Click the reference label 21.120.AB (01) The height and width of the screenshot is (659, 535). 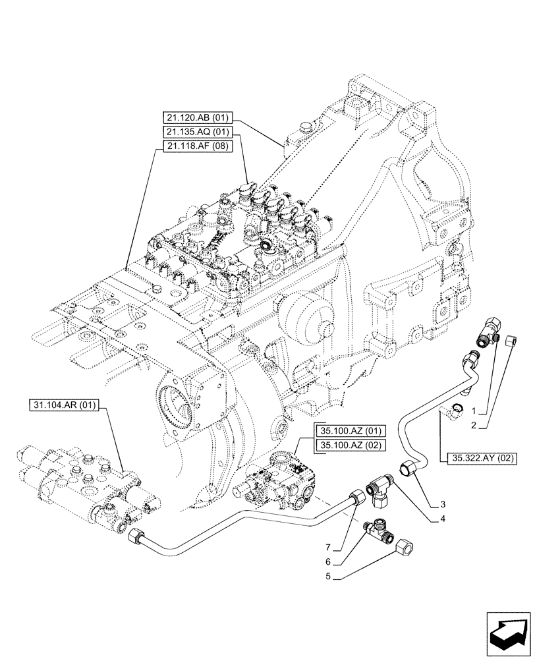click(196, 119)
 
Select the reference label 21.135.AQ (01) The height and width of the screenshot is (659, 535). click(196, 132)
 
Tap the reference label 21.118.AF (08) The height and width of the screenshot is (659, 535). click(196, 146)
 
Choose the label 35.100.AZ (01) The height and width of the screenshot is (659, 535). click(349, 431)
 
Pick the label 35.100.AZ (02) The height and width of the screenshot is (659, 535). click(349, 445)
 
